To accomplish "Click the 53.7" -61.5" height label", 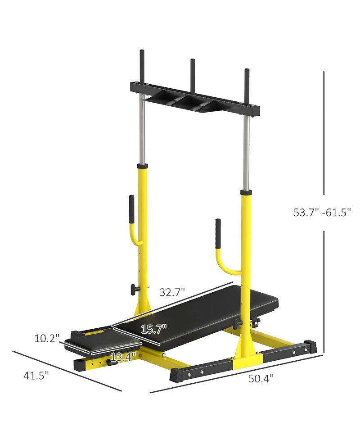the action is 322,213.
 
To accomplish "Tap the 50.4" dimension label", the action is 261,379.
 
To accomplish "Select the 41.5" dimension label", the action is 36,376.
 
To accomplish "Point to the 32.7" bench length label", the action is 172,292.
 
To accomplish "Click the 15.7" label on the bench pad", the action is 154,329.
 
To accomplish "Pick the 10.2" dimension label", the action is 47,338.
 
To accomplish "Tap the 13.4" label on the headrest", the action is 123,357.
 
